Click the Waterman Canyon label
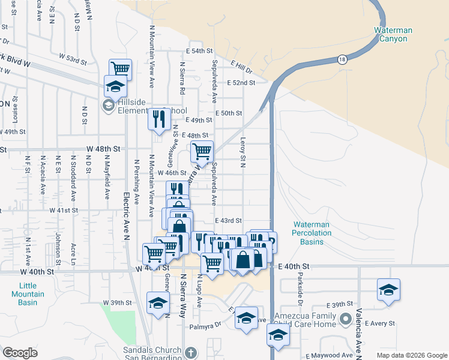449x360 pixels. pos(390,34)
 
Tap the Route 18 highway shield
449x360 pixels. pos(342,59)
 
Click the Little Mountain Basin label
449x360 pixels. pos(28,294)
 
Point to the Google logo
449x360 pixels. pos(20,353)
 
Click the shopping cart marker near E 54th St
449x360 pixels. pos(120,70)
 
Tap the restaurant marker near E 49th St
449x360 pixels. pos(159,119)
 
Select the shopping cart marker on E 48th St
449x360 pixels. pos(202,152)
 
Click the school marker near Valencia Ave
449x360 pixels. pos(388,290)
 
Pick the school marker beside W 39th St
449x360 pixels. pos(158,302)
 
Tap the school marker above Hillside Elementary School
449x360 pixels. pos(115,86)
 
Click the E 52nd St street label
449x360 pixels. pos(241,83)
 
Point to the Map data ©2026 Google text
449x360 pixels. pos(411,355)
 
